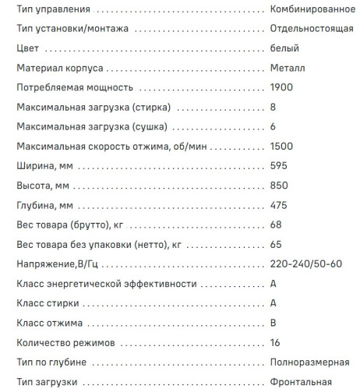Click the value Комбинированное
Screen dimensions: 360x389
(x=312, y=9)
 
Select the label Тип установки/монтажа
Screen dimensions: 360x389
(x=72, y=29)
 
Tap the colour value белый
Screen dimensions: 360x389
(x=284, y=48)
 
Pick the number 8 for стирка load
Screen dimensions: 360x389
(x=273, y=107)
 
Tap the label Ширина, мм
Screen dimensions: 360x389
(x=44, y=165)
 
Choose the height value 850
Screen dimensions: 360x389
(x=278, y=185)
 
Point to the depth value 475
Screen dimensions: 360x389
(x=278, y=204)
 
